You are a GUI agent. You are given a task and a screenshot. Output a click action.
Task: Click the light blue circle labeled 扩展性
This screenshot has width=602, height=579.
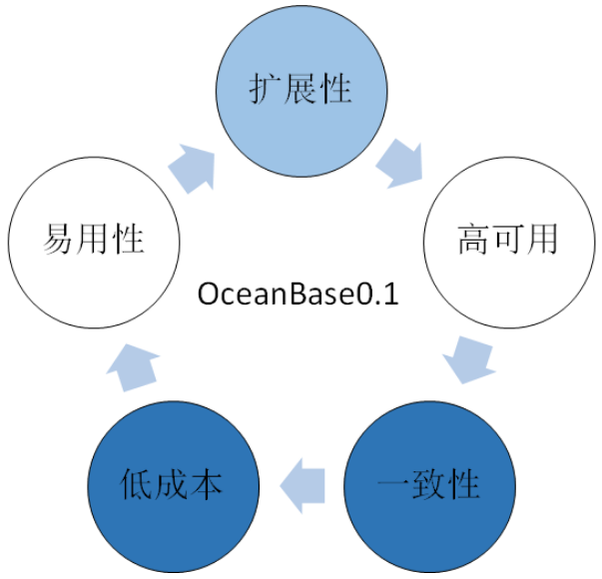tap(300, 89)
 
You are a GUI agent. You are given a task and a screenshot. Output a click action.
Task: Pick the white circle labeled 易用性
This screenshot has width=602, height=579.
tap(94, 241)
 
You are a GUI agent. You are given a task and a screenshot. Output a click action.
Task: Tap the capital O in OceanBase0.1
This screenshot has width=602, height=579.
tap(211, 295)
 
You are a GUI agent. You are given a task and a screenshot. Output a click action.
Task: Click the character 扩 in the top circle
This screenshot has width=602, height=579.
tap(265, 89)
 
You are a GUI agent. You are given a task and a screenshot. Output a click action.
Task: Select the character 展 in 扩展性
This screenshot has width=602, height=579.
tap(300, 89)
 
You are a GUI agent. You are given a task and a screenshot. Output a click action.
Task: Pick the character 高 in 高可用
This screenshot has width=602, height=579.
tap(472, 241)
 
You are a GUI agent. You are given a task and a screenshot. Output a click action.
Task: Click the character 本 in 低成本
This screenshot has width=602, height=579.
tap(208, 486)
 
